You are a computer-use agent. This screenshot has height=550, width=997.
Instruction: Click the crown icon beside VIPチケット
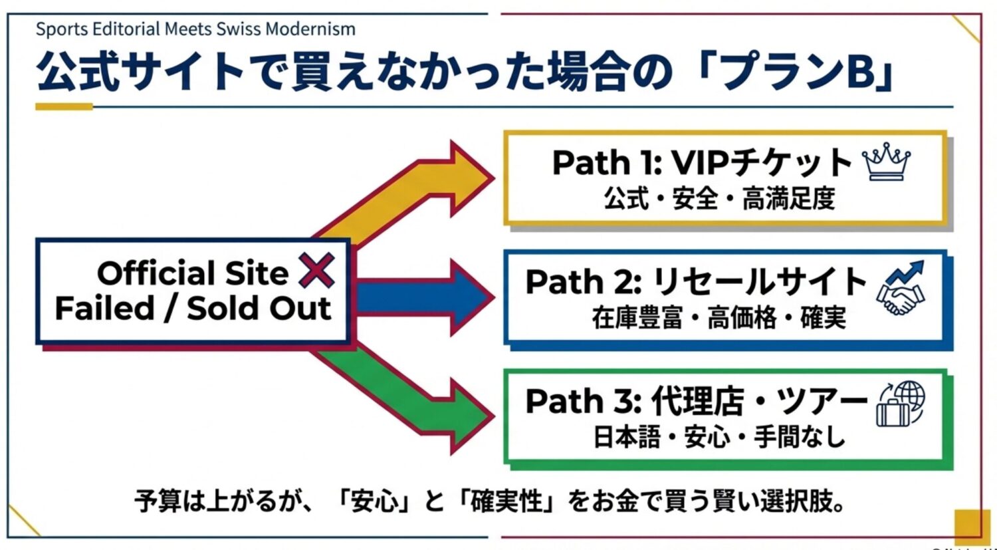click(886, 164)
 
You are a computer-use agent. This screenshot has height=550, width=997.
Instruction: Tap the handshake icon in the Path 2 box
click(901, 288)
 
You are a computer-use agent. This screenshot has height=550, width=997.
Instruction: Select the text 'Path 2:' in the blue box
click(583, 283)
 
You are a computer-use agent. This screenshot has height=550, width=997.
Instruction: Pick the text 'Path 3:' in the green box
click(583, 402)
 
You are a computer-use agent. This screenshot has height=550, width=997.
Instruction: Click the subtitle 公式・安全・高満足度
click(719, 199)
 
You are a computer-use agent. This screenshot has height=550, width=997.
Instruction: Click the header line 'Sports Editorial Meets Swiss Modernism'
click(195, 29)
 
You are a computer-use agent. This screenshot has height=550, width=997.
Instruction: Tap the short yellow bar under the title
click(64, 106)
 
